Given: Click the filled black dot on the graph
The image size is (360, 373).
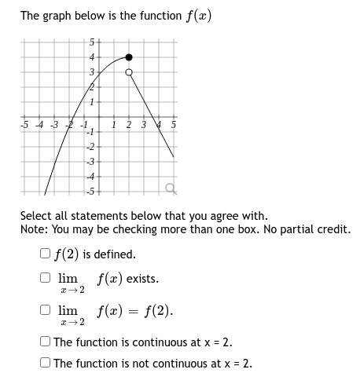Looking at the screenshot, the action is (x=130, y=57).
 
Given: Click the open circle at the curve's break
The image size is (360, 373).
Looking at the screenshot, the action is (x=130, y=72).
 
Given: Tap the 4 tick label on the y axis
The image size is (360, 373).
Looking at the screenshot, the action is (x=90, y=57).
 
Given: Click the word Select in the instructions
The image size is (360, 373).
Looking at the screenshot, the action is (x=36, y=215).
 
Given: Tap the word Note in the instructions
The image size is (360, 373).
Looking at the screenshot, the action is (x=34, y=229).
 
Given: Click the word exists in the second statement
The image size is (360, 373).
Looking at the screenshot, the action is (x=141, y=279).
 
